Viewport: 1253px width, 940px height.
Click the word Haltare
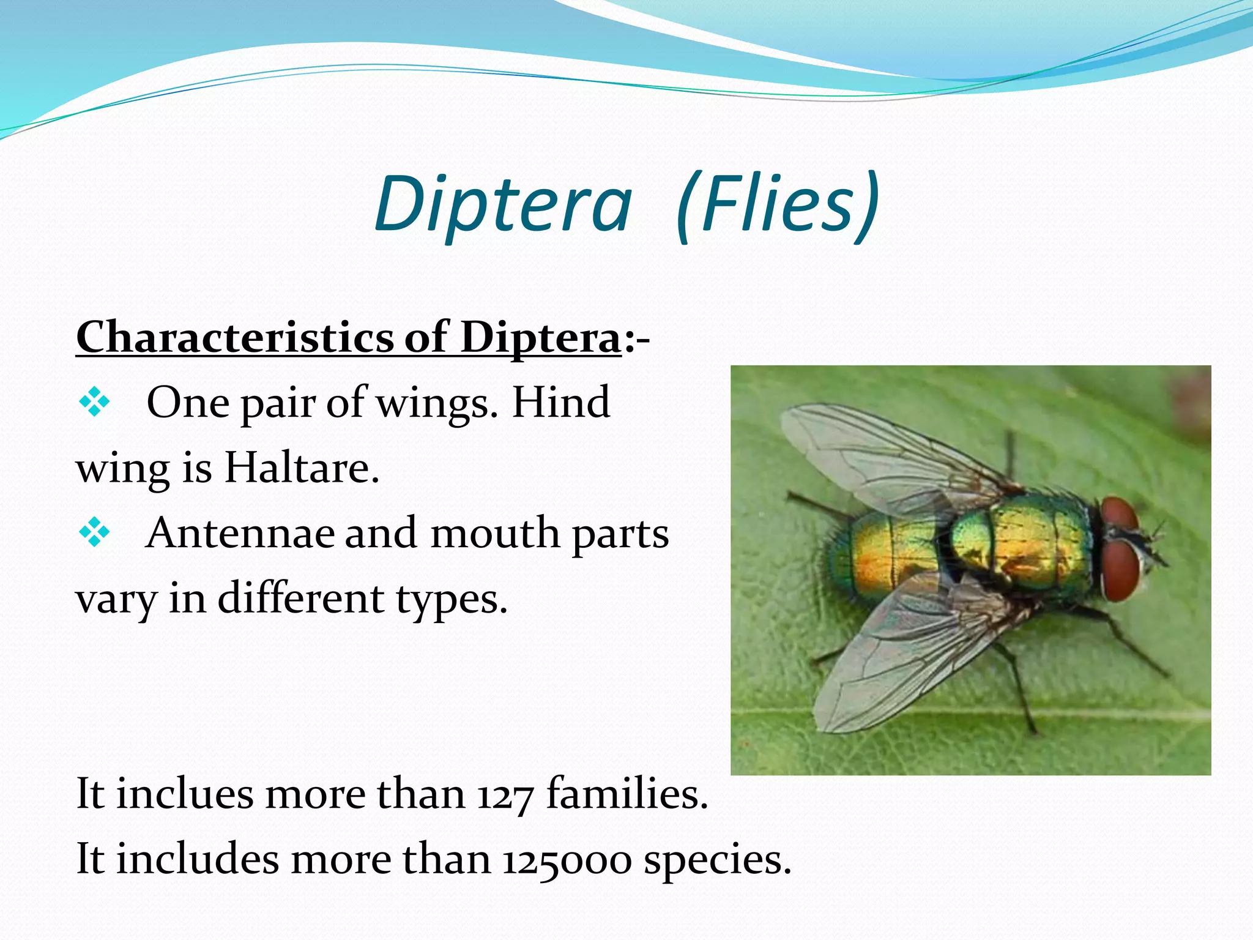[302, 468]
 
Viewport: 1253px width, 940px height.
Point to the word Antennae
[240, 533]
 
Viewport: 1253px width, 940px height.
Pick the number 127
[505, 796]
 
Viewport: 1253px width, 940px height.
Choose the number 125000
[567, 860]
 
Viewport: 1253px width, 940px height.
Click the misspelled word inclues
[185, 794]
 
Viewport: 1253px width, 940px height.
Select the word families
[627, 794]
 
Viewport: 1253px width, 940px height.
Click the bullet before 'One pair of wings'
[95, 403]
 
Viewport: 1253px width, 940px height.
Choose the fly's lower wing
[899, 661]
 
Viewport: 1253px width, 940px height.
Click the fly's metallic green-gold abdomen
[887, 554]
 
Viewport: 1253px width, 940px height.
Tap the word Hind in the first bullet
[561, 403]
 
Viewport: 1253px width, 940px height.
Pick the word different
[300, 599]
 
